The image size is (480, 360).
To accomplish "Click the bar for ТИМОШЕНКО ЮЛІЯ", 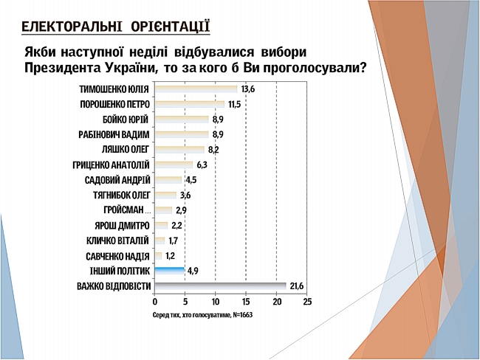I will (x=196, y=89).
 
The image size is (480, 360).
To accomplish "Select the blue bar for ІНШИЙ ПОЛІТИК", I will (x=169, y=271).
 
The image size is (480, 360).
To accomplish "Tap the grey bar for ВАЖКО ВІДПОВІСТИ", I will (x=220, y=285).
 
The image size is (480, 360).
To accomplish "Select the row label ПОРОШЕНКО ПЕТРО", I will (x=114, y=105).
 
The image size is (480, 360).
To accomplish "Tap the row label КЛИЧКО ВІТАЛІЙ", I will (x=118, y=240).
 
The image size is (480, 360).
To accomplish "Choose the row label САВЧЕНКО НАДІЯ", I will (x=117, y=256).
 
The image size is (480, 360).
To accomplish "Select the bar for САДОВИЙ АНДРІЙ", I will (x=168, y=180).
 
